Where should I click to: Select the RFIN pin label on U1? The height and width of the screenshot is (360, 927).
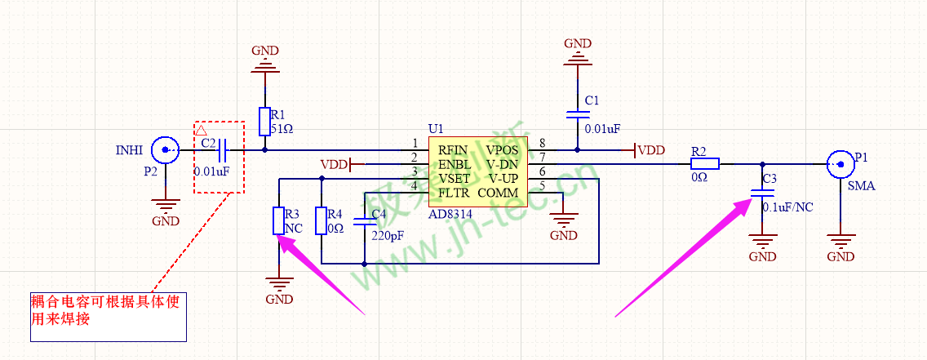coord(453,150)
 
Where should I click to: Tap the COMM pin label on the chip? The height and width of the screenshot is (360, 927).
coord(497,193)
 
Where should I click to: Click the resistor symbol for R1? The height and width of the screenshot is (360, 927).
coord(264,121)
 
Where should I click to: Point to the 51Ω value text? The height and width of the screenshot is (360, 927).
coord(282,128)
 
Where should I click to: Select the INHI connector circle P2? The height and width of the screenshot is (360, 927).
coord(167,149)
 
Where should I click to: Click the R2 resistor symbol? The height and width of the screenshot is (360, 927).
coord(699,164)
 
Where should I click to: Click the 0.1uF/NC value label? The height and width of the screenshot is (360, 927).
coord(787,207)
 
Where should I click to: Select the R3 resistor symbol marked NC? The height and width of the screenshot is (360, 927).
coord(279,220)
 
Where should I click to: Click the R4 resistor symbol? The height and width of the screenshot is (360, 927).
coord(322,220)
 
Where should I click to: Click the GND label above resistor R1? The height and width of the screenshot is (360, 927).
coord(264,51)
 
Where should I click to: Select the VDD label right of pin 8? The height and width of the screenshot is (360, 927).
coord(650,150)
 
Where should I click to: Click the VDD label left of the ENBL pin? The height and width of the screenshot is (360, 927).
coord(334,164)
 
